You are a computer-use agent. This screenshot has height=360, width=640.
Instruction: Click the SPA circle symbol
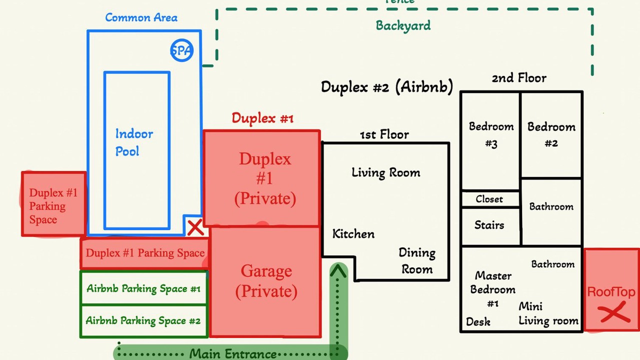coord(181,50)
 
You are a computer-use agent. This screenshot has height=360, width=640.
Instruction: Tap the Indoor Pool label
coord(134,142)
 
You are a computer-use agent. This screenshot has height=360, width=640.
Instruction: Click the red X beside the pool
coord(195,228)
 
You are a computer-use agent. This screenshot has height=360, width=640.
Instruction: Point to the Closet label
coord(489,199)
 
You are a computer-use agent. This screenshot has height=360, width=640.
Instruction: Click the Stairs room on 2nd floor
coord(489,225)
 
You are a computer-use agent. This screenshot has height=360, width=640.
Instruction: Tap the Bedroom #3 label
coord(491,135)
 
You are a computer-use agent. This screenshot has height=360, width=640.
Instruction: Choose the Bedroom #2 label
coord(551,135)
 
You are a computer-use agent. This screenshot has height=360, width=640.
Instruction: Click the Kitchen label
coord(353,234)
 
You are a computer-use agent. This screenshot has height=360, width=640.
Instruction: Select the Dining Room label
coord(416,261)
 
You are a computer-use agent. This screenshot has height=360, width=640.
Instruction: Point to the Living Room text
coord(385,173)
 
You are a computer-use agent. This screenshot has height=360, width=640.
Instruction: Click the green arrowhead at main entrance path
coord(338,271)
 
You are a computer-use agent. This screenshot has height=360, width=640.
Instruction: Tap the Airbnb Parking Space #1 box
coord(143,288)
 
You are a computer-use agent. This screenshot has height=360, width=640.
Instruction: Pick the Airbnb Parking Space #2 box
coord(143,320)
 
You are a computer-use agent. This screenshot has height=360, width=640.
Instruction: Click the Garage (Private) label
coord(266,281)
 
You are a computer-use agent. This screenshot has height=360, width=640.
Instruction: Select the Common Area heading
coord(141,17)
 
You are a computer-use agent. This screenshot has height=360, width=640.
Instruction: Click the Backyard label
coord(403,25)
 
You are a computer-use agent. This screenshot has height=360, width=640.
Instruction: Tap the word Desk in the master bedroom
coord(478,322)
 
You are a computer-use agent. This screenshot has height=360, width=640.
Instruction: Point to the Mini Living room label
coord(548,313)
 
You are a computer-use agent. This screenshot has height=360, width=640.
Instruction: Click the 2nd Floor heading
coord(519,78)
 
